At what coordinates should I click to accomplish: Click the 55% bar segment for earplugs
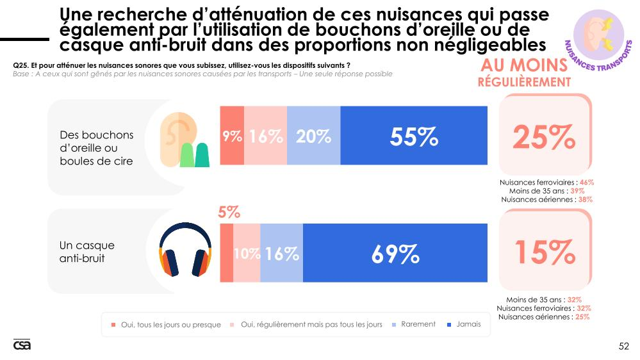coord(413,136)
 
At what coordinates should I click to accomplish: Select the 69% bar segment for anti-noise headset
coord(395,254)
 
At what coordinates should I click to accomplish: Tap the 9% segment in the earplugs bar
coord(231,136)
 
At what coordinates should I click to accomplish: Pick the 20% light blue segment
coord(313,136)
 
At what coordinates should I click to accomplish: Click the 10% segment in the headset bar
coord(247,254)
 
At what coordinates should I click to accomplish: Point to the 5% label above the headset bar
coord(229,213)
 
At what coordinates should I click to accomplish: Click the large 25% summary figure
coord(544,136)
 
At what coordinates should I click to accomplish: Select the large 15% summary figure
coord(544,252)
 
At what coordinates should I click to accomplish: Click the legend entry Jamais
coord(468,324)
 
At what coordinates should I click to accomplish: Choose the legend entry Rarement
coord(418,324)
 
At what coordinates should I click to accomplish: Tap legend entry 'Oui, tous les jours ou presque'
coord(170,325)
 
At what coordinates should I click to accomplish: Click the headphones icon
coord(185,251)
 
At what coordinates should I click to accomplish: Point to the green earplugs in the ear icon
coord(195,156)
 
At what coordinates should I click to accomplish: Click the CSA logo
coord(22,345)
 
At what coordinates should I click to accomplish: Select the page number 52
coord(623,347)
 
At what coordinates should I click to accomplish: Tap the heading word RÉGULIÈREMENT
coord(524,83)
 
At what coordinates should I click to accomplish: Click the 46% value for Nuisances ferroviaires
coord(587,183)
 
